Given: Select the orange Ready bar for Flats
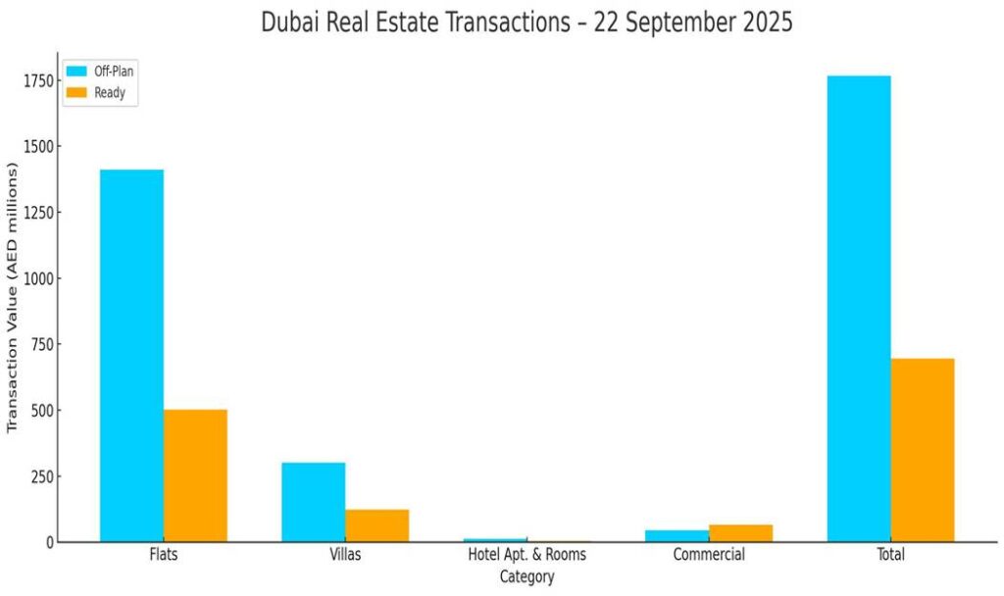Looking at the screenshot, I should click(195, 475).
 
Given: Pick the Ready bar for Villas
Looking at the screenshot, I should click(376, 525).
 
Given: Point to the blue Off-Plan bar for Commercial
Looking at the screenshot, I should click(678, 536).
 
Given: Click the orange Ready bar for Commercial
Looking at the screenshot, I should click(740, 533).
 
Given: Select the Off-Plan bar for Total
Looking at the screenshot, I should click(859, 308).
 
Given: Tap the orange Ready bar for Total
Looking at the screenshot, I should click(923, 450).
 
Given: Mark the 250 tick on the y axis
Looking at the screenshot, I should click(40, 476).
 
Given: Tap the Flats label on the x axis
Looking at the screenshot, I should click(164, 555).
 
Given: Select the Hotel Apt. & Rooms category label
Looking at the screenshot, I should click(527, 555).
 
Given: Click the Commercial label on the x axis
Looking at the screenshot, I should click(709, 555).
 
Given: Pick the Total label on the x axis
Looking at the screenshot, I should click(891, 555).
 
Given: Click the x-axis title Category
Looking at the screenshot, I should click(527, 577).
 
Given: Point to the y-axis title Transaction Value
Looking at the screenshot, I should click(13, 299).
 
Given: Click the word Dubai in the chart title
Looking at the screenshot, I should click(289, 22).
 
